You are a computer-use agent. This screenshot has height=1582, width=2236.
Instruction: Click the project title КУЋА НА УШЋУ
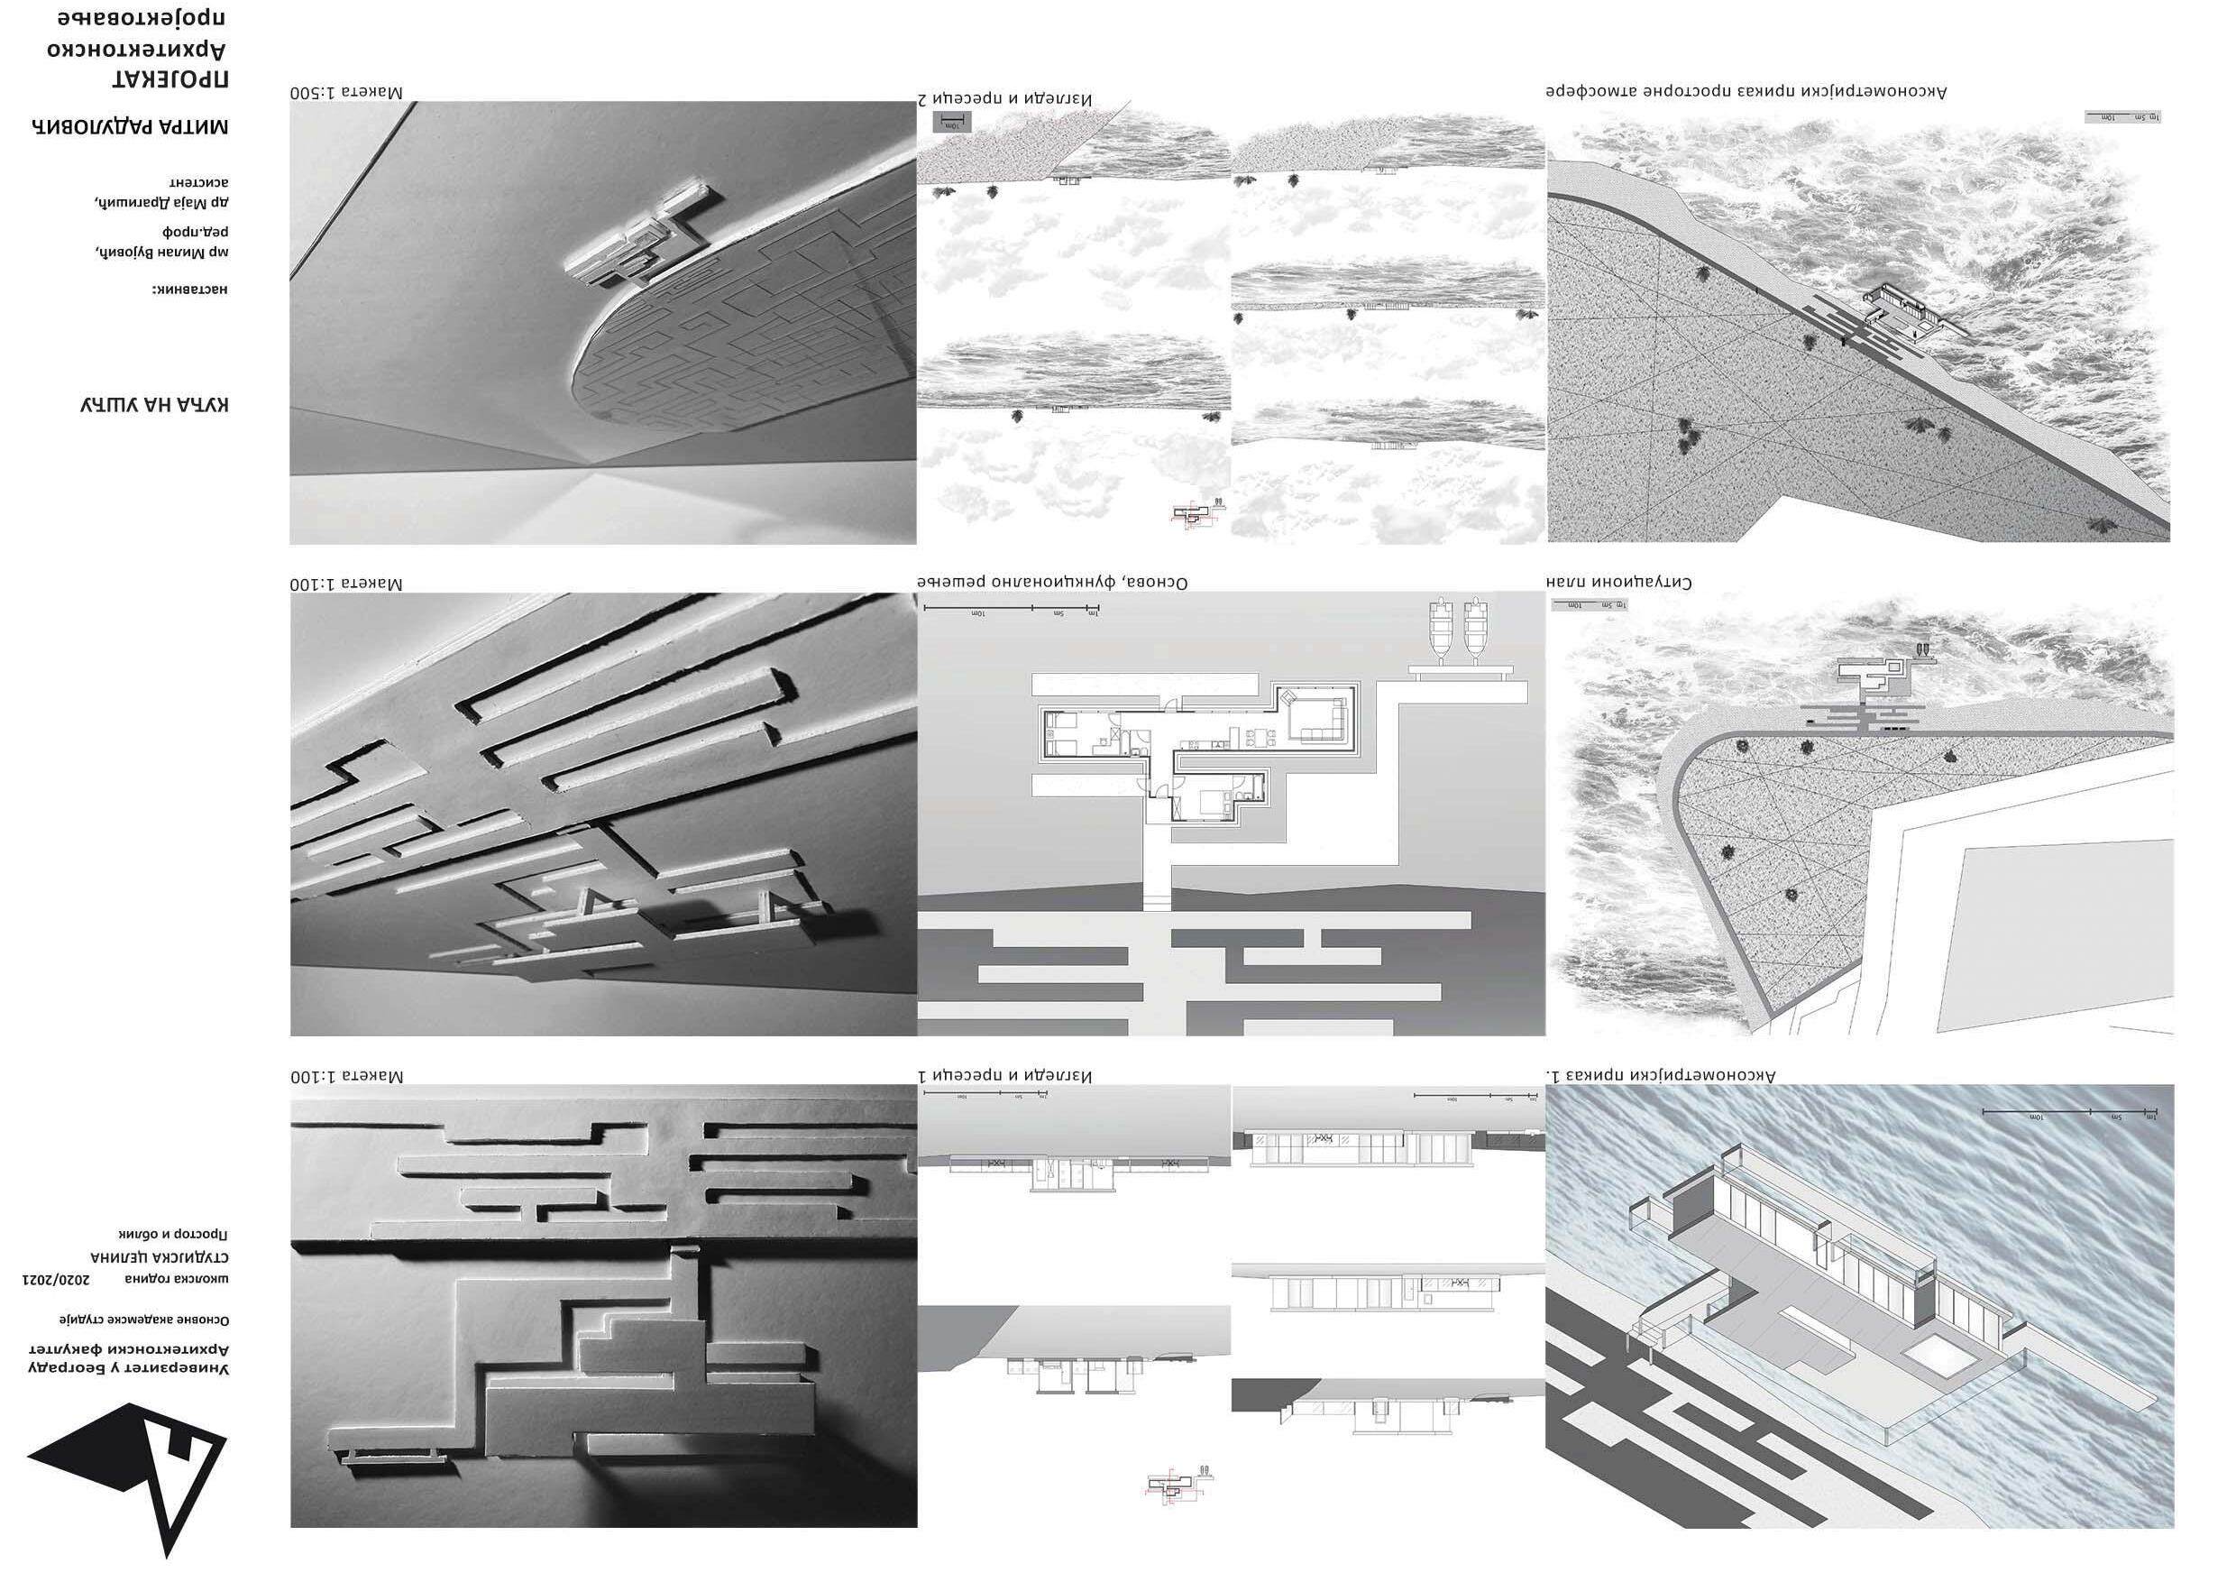(155, 404)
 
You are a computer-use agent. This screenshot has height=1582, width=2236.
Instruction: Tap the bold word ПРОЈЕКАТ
(171, 81)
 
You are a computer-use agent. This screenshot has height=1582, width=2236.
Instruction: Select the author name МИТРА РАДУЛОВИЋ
(132, 126)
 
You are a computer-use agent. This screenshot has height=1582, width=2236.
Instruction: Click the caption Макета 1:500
(345, 93)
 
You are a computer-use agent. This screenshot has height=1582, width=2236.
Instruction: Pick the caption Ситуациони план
(1618, 583)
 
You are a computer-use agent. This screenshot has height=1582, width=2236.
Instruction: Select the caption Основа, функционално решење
(1053, 583)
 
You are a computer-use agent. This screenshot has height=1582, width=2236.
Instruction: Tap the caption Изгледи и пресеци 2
(1004, 98)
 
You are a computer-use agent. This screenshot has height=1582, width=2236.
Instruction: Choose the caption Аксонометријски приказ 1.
(1661, 1075)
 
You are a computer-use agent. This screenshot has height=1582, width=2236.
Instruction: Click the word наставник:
(189, 290)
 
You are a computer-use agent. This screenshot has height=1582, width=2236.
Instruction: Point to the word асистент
(199, 182)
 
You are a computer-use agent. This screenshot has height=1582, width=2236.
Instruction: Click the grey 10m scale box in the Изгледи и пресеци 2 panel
(952, 123)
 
